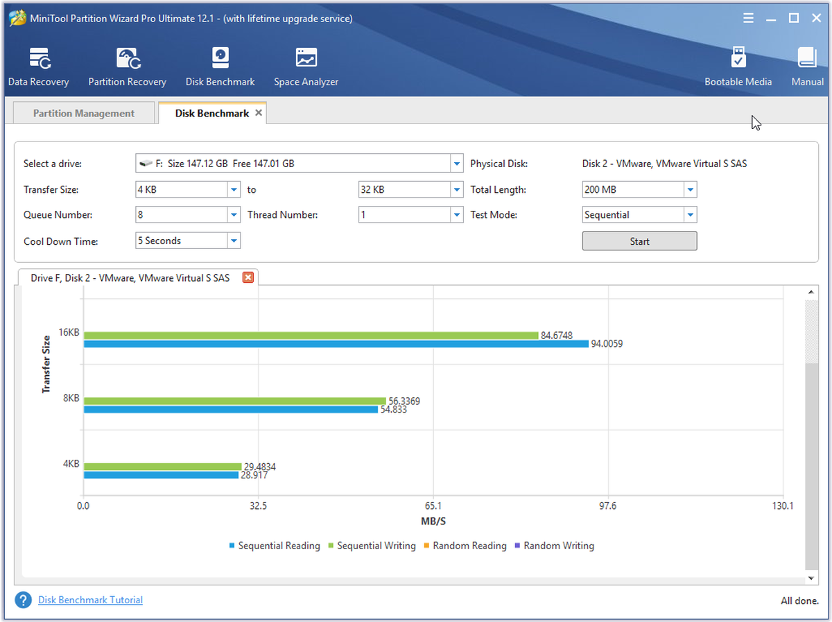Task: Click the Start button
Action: [x=639, y=241]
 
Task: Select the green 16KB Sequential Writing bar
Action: [x=311, y=336]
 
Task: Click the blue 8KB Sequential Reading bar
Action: [x=231, y=409]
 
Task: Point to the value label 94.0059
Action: [x=607, y=344]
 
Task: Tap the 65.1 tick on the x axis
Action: [x=433, y=506]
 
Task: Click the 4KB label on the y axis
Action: [x=71, y=464]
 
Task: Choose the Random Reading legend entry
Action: [x=465, y=546]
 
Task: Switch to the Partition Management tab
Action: [x=84, y=113]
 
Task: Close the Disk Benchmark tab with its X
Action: [x=259, y=112]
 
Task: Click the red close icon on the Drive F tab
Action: [x=248, y=277]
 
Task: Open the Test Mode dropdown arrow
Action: [x=691, y=215]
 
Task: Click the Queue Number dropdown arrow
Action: [x=234, y=215]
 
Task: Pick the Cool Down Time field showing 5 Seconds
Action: [x=188, y=241]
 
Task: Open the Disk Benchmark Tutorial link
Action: [x=90, y=600]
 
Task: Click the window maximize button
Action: [x=793, y=18]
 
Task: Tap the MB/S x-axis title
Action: [x=433, y=521]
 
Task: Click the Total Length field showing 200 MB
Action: [x=639, y=189]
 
